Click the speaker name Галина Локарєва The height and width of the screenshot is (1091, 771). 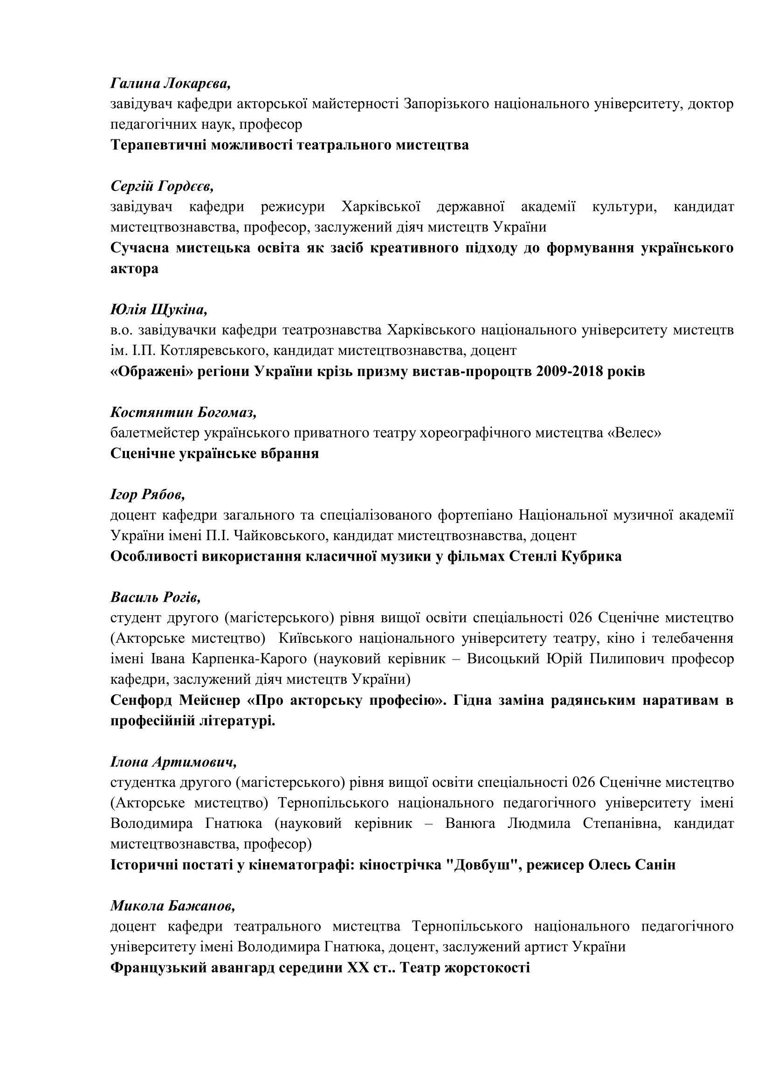(x=171, y=83)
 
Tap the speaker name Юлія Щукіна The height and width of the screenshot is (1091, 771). (x=158, y=310)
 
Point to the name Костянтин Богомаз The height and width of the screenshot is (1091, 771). (x=183, y=412)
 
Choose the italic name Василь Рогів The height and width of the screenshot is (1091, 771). (x=155, y=598)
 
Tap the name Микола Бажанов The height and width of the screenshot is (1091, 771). (x=173, y=906)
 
